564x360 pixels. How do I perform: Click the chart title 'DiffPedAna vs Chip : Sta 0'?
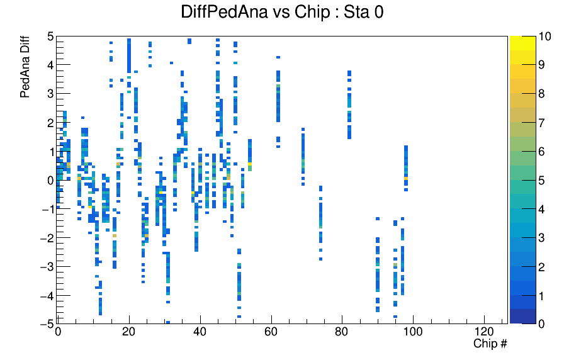[282, 12]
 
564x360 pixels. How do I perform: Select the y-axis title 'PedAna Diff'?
[25, 67]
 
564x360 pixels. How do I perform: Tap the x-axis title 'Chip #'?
[490, 344]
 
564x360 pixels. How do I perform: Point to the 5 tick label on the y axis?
[50, 37]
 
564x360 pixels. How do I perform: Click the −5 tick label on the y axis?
[47, 323]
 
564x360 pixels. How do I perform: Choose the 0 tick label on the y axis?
[50, 181]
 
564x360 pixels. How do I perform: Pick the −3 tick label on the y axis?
[47, 266]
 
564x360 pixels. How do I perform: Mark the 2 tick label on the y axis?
[50, 123]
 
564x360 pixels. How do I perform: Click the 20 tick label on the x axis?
[128, 332]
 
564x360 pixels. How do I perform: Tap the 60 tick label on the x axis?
[271, 332]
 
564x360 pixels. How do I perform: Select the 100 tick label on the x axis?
[413, 332]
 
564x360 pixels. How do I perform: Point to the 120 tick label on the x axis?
[484, 332]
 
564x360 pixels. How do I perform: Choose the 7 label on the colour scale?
[541, 123]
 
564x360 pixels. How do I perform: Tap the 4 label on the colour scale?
[541, 209]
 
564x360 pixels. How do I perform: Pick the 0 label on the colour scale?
[541, 323]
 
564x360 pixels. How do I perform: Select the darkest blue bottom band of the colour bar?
[522, 317]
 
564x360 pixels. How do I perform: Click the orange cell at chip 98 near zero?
[406, 178]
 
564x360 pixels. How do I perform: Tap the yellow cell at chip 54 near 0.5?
[250, 164]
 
